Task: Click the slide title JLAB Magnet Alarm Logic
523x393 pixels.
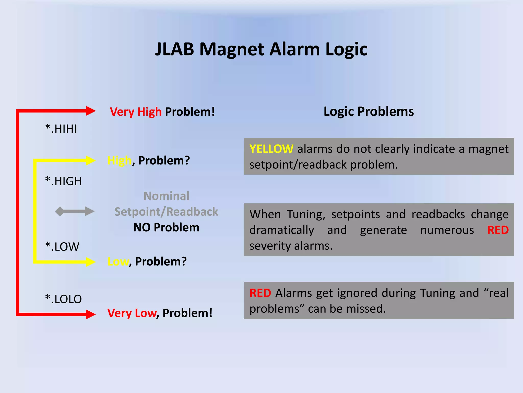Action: point(261,49)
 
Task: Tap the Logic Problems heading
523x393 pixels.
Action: point(369,112)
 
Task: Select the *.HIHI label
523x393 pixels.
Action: point(61,129)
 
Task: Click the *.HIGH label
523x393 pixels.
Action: point(63,181)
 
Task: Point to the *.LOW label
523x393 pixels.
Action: point(62,247)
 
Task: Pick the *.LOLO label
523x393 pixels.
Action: point(63,299)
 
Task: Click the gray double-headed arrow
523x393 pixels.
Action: point(75,211)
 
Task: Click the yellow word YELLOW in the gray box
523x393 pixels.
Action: point(271,149)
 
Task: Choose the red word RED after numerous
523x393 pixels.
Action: point(498,230)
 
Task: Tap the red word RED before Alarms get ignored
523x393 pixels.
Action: point(260,293)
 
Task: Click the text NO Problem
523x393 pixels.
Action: point(166,227)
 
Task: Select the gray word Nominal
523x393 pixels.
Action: point(166,196)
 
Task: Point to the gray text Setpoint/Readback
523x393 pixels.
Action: point(166,212)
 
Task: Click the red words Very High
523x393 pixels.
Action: point(136,112)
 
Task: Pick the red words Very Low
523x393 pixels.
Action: point(132,313)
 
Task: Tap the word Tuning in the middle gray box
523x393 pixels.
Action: point(306,214)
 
